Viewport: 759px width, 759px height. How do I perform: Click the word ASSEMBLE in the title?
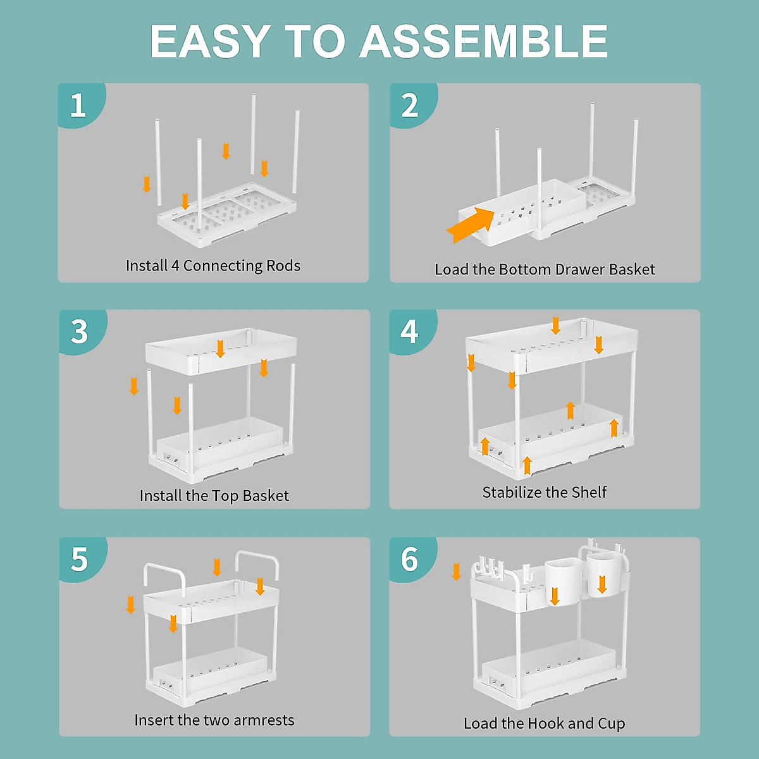(x=484, y=41)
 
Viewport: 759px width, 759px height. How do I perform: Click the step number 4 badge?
(x=411, y=331)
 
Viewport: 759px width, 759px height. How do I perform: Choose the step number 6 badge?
(x=411, y=558)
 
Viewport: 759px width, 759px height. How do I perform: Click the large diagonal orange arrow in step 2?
(x=471, y=225)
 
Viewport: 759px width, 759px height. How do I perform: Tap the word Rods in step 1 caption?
(x=283, y=266)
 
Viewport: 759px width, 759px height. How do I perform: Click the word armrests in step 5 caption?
(x=264, y=720)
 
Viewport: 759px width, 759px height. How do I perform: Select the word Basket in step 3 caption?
(x=266, y=496)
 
